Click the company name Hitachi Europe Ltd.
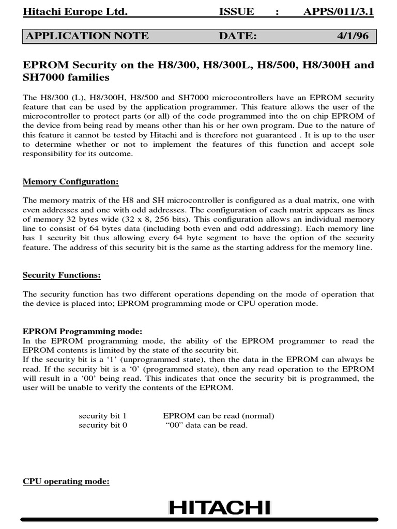(x=74, y=12)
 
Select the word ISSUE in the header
(x=236, y=12)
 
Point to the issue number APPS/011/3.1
(x=339, y=12)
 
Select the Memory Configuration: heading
(x=71, y=182)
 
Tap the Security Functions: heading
(x=62, y=275)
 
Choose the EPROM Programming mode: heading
(x=82, y=331)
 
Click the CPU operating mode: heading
(x=66, y=481)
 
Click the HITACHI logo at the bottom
(x=220, y=509)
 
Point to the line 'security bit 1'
(x=102, y=416)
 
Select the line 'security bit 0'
(x=102, y=425)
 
